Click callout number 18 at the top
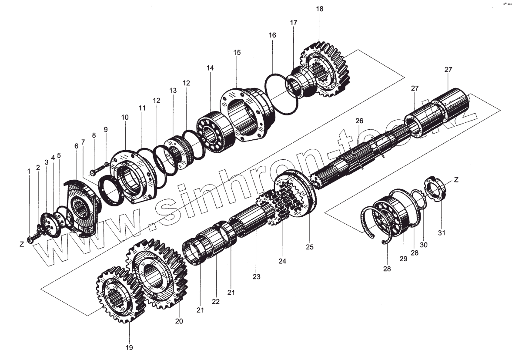tap(320, 9)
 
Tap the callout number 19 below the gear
tap(129, 347)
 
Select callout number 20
tap(179, 321)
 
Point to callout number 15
tap(237, 53)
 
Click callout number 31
tap(442, 233)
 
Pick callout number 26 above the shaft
tap(359, 121)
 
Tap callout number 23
tap(256, 276)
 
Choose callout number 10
tap(125, 118)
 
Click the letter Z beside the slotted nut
tap(456, 179)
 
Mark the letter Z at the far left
tap(22, 244)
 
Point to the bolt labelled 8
tap(96, 169)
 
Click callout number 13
tap(173, 91)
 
